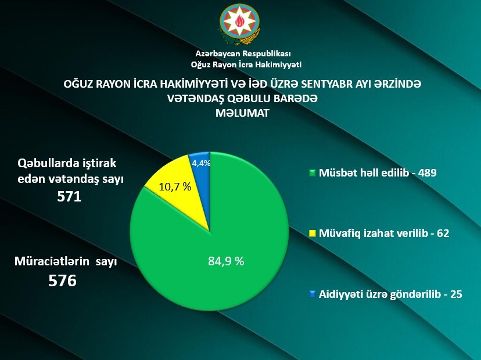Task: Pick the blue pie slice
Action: point(200,174)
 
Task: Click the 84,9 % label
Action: point(226,261)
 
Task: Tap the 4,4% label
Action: point(200,164)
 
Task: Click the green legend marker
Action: point(312,173)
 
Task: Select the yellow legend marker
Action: point(312,233)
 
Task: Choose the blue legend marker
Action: point(312,294)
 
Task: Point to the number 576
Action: point(62,281)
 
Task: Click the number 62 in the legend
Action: point(444,233)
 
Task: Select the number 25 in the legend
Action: point(456,294)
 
